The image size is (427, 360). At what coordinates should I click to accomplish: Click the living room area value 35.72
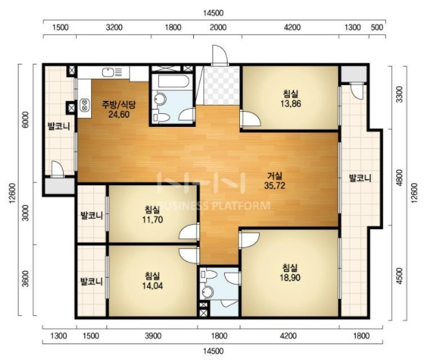[274, 186]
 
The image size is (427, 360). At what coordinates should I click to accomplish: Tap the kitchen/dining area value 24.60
[119, 115]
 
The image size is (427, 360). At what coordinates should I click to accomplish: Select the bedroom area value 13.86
[291, 104]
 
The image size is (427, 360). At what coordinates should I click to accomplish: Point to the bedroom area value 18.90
[290, 278]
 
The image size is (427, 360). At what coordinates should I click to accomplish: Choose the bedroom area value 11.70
[152, 219]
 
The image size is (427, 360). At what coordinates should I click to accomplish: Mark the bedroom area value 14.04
[152, 285]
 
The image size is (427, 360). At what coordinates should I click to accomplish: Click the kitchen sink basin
[108, 72]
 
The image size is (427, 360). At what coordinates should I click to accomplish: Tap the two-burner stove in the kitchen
[84, 105]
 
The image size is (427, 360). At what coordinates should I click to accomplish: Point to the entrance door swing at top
[219, 55]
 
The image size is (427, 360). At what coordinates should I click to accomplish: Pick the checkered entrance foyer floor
[221, 85]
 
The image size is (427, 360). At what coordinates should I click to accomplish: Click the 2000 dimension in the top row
[219, 27]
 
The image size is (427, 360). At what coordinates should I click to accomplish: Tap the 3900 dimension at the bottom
[153, 336]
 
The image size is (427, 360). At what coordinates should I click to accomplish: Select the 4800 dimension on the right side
[399, 178]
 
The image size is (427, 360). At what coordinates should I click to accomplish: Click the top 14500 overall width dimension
[214, 13]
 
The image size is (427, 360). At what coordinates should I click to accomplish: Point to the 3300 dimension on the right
[399, 95]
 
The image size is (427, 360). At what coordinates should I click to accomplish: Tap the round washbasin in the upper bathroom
[159, 99]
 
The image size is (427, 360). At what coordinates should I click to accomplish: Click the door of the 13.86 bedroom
[251, 118]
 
